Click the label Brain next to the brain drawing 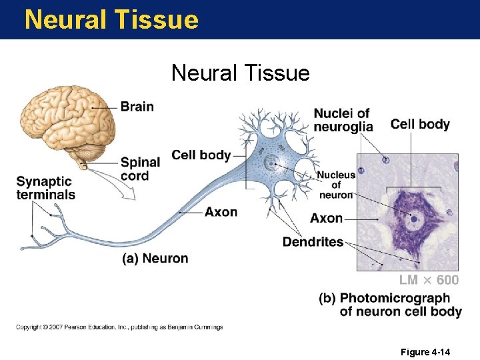tap(137, 107)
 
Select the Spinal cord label tap(140, 169)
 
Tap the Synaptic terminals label tap(45, 188)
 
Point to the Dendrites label tap(313, 242)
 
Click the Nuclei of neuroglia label tap(343, 120)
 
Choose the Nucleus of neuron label tap(336, 185)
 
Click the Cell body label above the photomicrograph tap(420, 124)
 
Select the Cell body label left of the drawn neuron tap(201, 155)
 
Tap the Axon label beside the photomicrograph tap(326, 218)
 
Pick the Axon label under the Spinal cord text tap(221, 212)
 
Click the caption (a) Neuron tap(155, 259)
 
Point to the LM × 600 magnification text tap(429, 280)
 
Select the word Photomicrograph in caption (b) tap(395, 298)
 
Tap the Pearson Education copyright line tap(119, 327)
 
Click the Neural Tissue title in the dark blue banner tap(111, 19)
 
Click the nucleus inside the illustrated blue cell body tap(270, 162)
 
